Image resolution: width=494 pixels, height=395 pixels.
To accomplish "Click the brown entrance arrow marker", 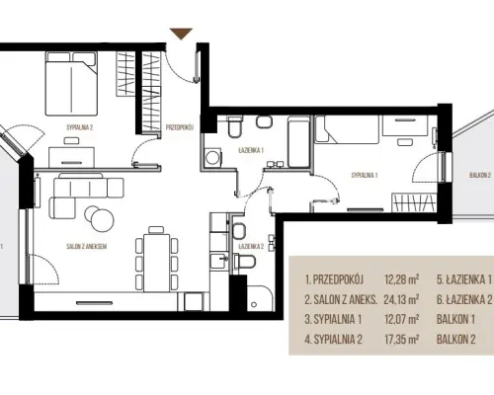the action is [181, 34].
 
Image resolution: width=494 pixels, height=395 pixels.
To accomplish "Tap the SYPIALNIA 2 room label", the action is [80, 127].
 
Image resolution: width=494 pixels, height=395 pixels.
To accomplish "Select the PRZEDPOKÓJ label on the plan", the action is [180, 127].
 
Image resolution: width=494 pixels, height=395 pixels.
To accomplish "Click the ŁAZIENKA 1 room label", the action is [251, 150].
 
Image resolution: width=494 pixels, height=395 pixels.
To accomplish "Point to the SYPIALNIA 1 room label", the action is [365, 175].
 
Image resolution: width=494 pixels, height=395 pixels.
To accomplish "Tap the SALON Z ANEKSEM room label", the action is [87, 246].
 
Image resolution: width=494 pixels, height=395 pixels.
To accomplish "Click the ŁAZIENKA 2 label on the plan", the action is [252, 246].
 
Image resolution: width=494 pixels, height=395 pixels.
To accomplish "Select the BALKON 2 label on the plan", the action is [480, 175].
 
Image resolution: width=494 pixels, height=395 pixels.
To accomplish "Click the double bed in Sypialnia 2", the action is [71, 84].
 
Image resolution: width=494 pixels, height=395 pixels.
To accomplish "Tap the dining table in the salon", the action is [157, 263].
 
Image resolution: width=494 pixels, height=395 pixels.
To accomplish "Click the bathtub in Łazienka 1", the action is [298, 142].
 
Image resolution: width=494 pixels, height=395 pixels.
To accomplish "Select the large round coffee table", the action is [103, 220].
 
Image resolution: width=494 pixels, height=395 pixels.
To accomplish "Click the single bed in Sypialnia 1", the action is [347, 129].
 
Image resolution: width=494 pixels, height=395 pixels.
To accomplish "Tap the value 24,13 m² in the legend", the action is [401, 299].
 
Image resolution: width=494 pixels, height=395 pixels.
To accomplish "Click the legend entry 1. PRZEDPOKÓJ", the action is [334, 279].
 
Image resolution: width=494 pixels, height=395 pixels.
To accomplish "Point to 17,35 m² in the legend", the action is [401, 339].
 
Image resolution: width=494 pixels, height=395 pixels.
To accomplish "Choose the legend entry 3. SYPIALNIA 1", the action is [333, 319].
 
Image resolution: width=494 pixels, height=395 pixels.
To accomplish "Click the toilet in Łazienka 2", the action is [244, 262].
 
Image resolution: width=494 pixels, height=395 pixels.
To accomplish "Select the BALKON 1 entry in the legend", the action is [455, 319].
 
